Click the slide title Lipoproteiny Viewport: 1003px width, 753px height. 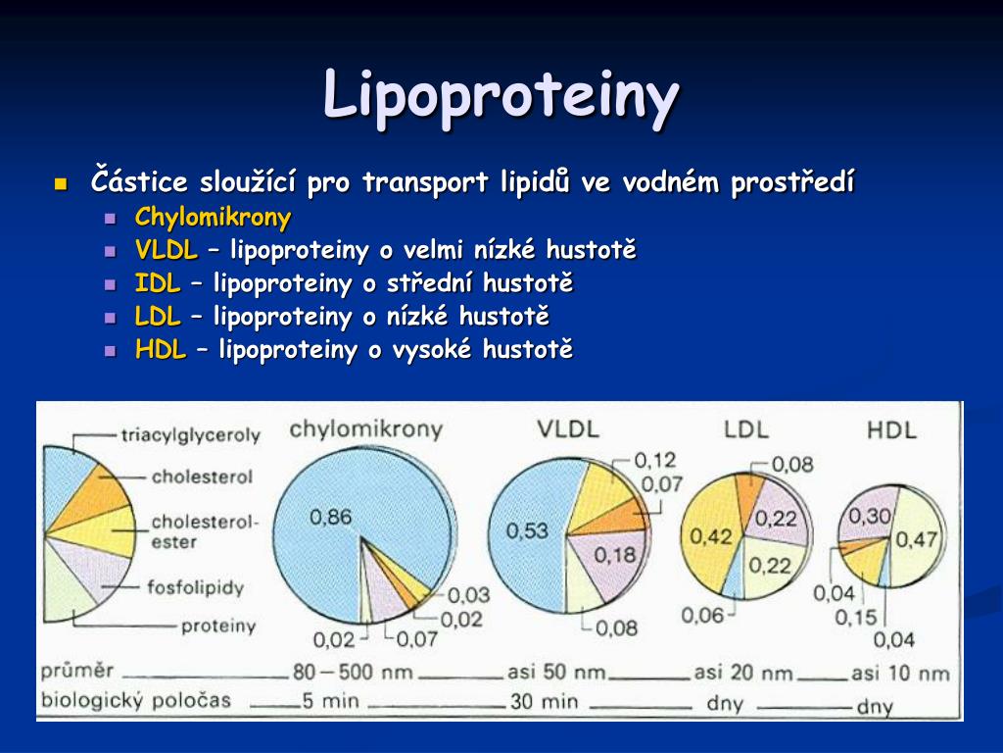click(x=501, y=96)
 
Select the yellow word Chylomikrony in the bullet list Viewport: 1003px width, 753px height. click(x=213, y=218)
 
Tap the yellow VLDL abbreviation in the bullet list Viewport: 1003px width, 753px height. click(x=167, y=250)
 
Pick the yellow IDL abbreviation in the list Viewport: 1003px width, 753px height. click(x=158, y=283)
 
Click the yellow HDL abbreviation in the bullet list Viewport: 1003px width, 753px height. click(x=161, y=350)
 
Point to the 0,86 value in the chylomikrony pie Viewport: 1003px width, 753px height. click(x=331, y=517)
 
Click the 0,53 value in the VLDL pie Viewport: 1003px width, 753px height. click(x=527, y=530)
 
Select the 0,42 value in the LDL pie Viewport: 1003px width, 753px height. click(x=711, y=536)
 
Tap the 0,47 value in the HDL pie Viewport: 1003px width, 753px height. click(x=917, y=540)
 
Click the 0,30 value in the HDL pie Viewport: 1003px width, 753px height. click(x=870, y=516)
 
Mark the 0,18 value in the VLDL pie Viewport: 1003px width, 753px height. click(x=615, y=555)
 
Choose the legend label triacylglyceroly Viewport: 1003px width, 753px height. click(x=191, y=436)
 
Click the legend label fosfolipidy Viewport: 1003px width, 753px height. click(x=196, y=587)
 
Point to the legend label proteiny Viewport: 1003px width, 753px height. click(x=218, y=626)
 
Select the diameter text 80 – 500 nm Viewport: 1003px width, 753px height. click(x=353, y=673)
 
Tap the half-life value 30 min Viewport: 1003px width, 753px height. click(x=544, y=702)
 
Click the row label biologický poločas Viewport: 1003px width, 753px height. click(x=135, y=700)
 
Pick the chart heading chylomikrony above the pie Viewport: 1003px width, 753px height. click(x=366, y=429)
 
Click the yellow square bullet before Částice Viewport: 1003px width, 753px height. click(x=62, y=185)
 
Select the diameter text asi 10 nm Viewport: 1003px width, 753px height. click(x=900, y=673)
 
